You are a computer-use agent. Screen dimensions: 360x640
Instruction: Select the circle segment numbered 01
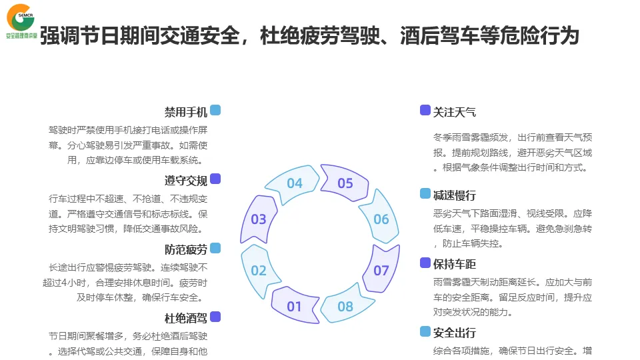pos(294,307)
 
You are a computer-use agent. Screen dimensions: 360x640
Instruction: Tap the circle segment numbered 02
pos(259,270)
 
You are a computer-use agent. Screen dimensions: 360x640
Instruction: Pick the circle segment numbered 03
pos(259,219)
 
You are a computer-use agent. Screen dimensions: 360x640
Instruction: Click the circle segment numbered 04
pos(295,183)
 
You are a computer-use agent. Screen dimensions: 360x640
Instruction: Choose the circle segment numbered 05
pos(345,183)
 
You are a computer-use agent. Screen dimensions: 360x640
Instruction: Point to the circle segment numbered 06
pos(381,219)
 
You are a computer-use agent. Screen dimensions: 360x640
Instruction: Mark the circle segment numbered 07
pos(381,270)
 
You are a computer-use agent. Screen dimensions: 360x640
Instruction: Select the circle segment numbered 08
pos(345,307)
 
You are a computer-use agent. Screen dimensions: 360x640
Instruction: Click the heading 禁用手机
pos(186,112)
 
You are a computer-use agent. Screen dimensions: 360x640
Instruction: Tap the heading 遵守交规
pos(186,181)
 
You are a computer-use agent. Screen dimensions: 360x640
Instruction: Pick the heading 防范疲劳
pos(186,250)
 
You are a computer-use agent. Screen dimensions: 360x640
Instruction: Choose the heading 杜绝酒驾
pos(186,319)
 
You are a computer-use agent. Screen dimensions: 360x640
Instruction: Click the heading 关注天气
pos(455,112)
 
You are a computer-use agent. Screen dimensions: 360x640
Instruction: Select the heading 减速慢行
pos(455,195)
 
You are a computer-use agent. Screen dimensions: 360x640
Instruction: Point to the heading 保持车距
pos(455,265)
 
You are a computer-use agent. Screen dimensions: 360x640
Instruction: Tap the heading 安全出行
pos(455,333)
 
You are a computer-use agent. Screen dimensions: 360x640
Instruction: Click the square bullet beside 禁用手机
pos(215,110)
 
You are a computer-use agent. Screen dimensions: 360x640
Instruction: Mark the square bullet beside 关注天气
pos(425,110)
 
